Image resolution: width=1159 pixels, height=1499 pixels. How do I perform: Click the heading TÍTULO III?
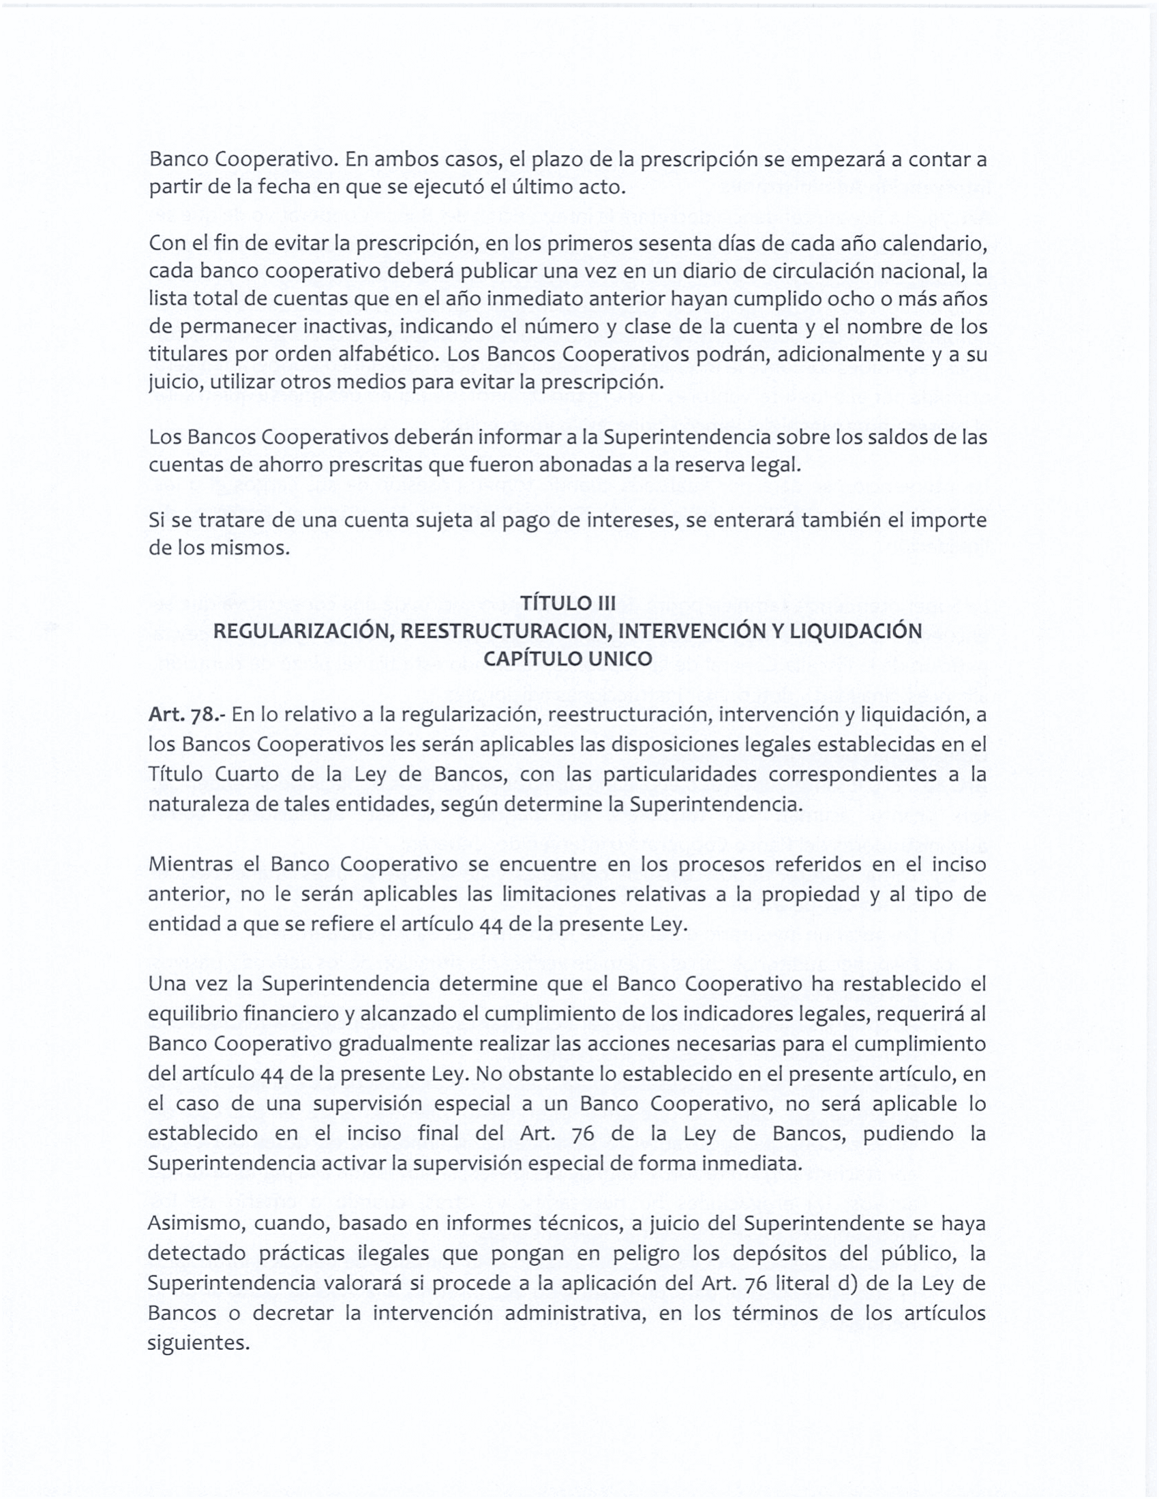point(567,603)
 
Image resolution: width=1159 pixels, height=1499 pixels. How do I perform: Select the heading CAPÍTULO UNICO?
point(567,658)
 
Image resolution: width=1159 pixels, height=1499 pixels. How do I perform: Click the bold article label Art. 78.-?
point(187,715)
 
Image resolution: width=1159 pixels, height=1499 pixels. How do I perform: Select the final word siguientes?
point(198,1342)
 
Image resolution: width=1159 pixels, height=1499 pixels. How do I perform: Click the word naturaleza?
point(197,804)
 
